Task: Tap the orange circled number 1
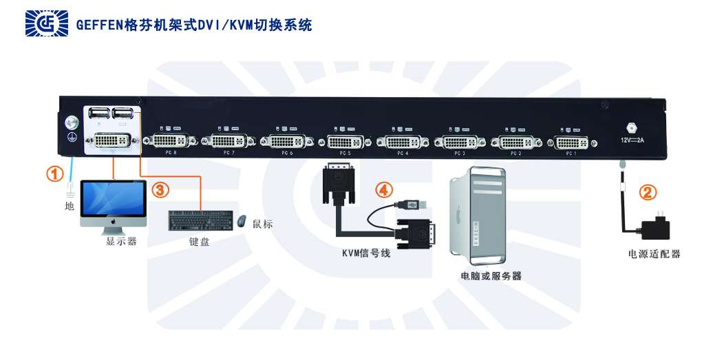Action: (x=54, y=173)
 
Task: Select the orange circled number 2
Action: (x=646, y=192)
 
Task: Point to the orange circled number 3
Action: (x=159, y=189)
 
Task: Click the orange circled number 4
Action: (x=383, y=188)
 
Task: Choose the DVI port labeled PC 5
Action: (x=345, y=142)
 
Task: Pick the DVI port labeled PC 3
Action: (x=460, y=142)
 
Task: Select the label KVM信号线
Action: (x=366, y=253)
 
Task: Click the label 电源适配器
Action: (x=654, y=254)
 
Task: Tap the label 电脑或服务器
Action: (x=491, y=276)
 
